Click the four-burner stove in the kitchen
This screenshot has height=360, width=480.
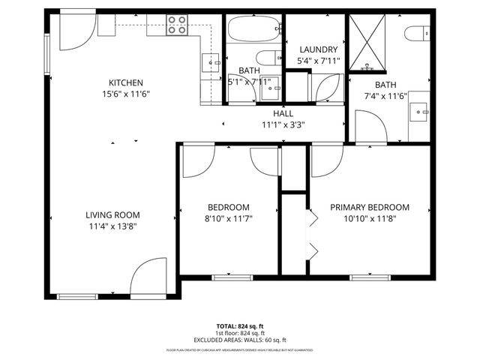177,25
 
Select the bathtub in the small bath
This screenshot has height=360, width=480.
252,31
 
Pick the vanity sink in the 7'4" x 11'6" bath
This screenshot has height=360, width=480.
421,113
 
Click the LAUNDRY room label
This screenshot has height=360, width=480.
318,49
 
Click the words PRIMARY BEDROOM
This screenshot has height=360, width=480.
370,208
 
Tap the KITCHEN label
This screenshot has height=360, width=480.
125,83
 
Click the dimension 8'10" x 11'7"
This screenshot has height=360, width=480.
228,218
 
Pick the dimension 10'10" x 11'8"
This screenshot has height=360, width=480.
370,219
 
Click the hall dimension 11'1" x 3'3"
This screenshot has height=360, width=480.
283,125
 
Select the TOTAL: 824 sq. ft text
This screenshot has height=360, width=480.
240,325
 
